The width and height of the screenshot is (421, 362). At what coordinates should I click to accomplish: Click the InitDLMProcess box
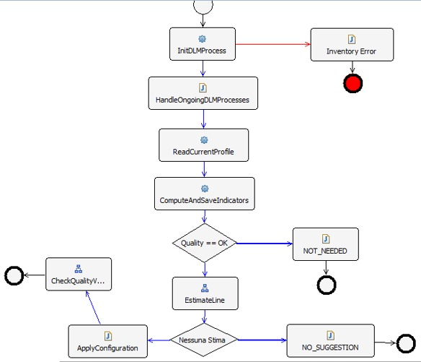coord(203,45)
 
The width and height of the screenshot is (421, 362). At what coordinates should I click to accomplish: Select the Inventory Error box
coord(351,46)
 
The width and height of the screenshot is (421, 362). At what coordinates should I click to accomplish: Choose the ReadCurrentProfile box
coord(204,145)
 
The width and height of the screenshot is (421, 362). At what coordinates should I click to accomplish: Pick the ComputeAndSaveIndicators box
coord(204,194)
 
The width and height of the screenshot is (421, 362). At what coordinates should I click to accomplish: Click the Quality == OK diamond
coord(205,243)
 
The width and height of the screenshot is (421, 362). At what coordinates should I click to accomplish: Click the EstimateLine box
coord(205,293)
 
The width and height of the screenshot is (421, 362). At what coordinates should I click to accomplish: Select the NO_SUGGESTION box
coord(331,341)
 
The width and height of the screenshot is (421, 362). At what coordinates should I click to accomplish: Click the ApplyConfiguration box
coord(107,342)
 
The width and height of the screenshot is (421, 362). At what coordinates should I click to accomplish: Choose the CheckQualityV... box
coord(79,274)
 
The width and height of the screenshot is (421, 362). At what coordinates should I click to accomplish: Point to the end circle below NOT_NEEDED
coord(327,285)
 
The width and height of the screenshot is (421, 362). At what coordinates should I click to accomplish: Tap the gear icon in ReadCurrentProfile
coord(204,139)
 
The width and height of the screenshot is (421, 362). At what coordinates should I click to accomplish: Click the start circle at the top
coord(203,5)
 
